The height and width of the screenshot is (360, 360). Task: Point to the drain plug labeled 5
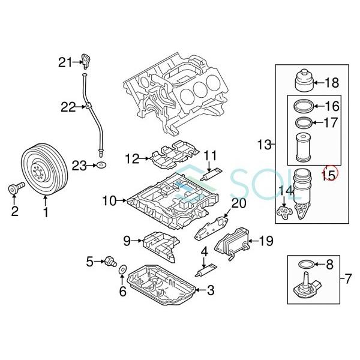coord(110,262)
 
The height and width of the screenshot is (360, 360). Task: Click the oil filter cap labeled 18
coord(304,82)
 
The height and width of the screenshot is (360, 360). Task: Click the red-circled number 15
coord(328,174)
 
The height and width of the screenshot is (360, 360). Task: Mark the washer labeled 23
coord(101,164)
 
